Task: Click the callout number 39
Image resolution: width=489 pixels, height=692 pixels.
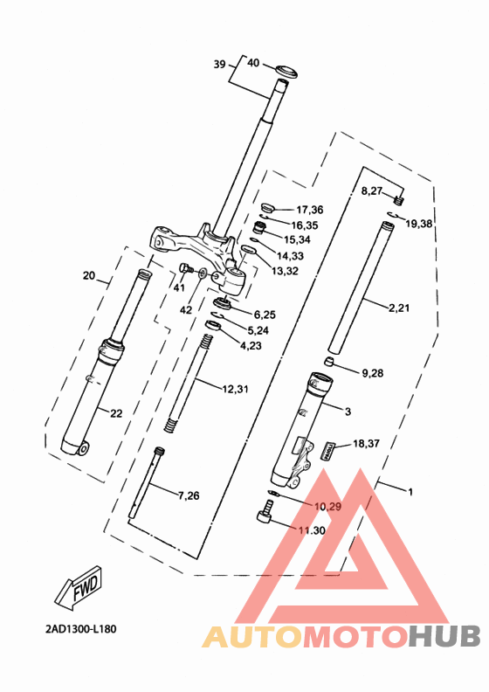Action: click(x=219, y=64)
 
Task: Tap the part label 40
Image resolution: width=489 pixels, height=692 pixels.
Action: click(x=253, y=63)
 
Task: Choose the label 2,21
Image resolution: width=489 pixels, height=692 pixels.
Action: click(x=398, y=308)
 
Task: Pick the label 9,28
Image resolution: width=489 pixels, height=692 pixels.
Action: click(x=371, y=374)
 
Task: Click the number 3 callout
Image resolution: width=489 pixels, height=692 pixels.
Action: click(x=348, y=411)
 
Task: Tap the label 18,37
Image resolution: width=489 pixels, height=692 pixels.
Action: click(x=367, y=445)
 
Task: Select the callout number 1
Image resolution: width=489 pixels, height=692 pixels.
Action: click(x=410, y=491)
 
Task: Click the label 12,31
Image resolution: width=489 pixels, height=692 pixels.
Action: click(x=235, y=389)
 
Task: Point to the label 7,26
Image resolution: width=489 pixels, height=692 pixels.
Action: click(x=188, y=496)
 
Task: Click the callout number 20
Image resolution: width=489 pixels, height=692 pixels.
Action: click(x=88, y=276)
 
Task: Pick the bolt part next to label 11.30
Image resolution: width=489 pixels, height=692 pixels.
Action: click(x=265, y=520)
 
